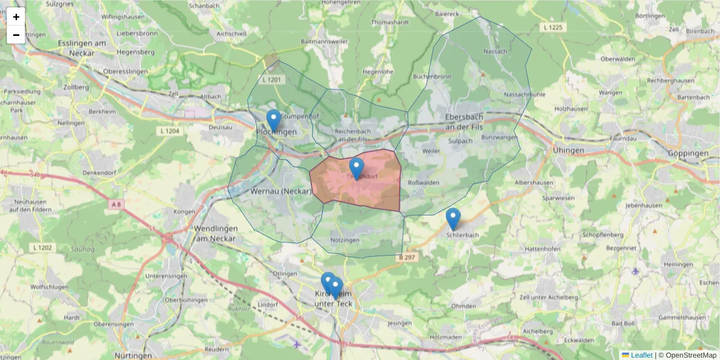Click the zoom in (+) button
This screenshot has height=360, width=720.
(x=16, y=17)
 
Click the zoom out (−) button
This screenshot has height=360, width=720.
(x=16, y=35)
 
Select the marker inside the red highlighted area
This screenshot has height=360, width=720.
(x=356, y=169)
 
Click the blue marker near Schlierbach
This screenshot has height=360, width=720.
(x=453, y=218)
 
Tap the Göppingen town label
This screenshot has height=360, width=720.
(x=688, y=154)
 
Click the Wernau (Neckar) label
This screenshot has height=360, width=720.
(x=281, y=192)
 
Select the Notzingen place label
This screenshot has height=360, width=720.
(x=344, y=240)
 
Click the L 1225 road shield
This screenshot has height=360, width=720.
(x=553, y=27)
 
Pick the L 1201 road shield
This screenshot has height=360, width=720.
(x=272, y=79)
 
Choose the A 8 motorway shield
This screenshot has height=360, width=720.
(x=116, y=205)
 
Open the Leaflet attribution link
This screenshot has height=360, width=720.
(x=641, y=355)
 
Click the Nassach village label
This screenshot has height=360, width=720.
(x=495, y=52)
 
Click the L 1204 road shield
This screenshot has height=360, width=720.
(x=170, y=130)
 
